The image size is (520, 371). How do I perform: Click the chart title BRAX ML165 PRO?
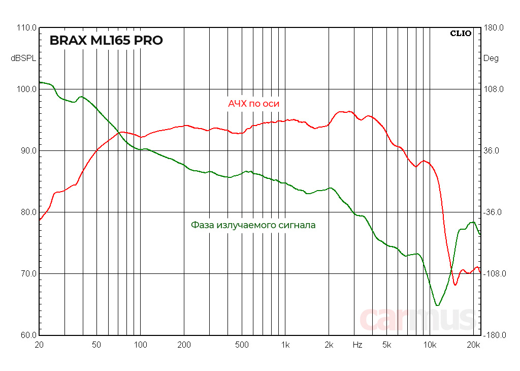[106, 41]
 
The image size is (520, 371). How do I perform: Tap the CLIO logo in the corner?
[461, 34]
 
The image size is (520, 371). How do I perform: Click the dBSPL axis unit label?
[23, 58]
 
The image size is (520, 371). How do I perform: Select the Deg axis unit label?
[491, 58]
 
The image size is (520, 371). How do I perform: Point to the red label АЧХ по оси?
[253, 104]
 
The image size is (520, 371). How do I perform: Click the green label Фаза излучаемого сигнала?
[253, 225]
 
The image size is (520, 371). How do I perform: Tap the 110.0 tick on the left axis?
[26, 28]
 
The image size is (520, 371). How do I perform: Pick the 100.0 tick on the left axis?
[26, 89]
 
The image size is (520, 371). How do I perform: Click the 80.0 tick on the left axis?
[26, 212]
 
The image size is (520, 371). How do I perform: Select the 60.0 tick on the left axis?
[26, 335]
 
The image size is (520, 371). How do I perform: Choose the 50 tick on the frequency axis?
[96, 345]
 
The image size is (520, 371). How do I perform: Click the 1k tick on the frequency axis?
[285, 345]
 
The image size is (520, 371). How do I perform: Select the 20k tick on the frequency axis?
[473, 345]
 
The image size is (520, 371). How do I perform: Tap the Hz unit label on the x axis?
[357, 345]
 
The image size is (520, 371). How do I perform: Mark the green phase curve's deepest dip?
[437, 305]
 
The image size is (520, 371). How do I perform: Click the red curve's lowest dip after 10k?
[455, 285]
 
